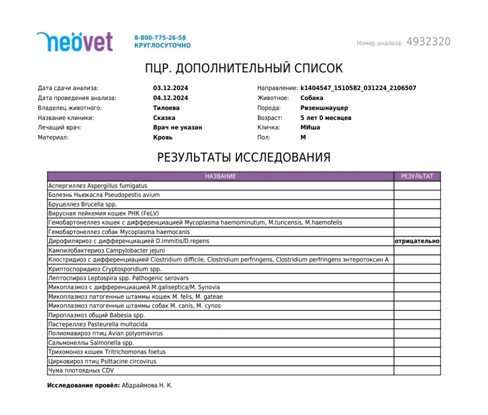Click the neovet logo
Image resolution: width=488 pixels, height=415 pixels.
[75, 42]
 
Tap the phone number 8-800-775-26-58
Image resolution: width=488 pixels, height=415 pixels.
[160, 37]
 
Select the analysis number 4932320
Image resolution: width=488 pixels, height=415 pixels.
[428, 42]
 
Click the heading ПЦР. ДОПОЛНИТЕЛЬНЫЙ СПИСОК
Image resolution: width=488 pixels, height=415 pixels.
[244, 69]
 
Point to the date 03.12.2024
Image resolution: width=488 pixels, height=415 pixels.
[171, 88]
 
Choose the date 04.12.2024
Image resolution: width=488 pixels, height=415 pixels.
[171, 98]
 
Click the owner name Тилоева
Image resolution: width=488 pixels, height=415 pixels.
[166, 108]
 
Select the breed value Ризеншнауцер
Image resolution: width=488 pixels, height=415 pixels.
[324, 108]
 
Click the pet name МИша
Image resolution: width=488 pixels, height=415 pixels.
[310, 127]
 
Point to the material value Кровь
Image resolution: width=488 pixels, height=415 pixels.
[163, 137]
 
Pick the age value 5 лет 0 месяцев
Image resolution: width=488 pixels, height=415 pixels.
[326, 118]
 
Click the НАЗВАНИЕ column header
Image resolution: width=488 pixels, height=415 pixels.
[220, 176]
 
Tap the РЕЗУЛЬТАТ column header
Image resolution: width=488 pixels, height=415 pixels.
[417, 176]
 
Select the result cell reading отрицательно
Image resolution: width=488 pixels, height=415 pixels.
[417, 241]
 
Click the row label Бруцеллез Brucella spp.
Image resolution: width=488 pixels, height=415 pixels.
[82, 204]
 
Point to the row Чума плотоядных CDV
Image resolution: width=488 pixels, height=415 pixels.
[81, 370]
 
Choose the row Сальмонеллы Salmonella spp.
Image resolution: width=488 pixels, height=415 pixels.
[91, 343]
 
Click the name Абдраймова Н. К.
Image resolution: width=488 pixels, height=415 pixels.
[147, 386]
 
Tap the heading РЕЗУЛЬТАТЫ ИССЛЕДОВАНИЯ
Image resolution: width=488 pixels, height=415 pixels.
[244, 157]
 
